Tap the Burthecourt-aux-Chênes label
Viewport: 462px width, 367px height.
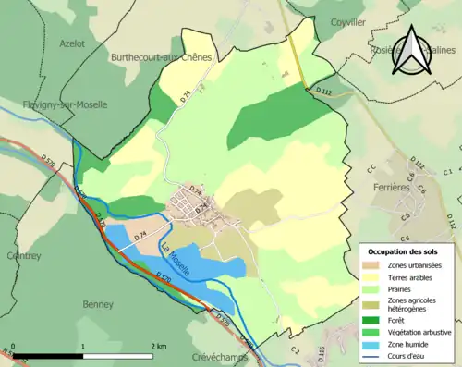point(163,56)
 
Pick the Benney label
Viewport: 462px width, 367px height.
point(98,303)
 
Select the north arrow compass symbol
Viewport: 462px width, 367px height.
point(412,50)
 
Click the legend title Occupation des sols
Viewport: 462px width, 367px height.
point(404,251)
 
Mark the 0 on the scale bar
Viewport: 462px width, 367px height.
point(13,346)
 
